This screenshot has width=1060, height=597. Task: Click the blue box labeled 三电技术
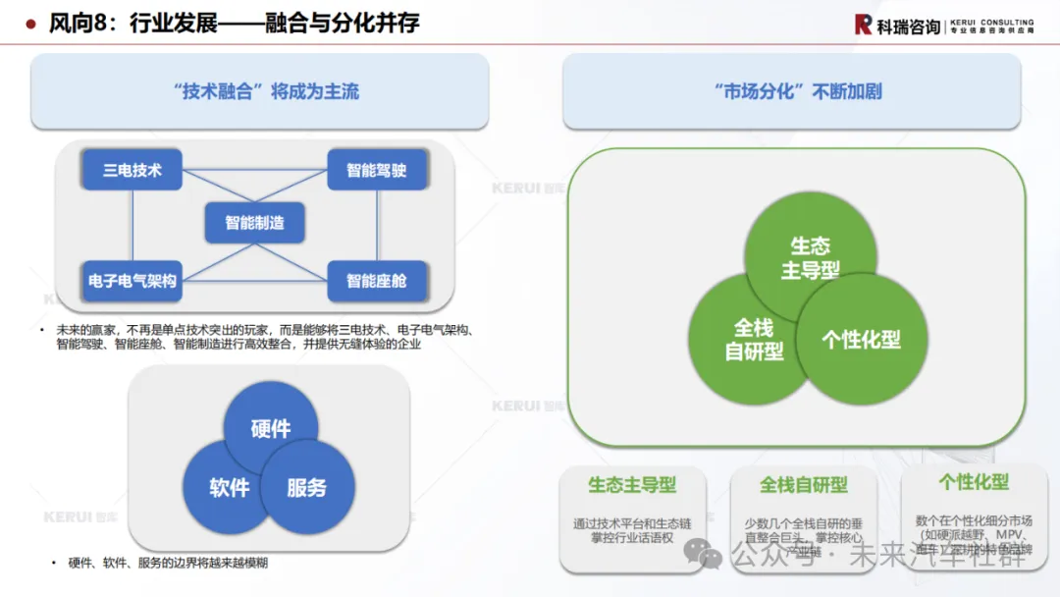pyautogui.click(x=132, y=171)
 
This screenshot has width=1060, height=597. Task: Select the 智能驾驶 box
pyautogui.click(x=376, y=171)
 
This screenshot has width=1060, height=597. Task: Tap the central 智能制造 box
pyautogui.click(x=254, y=223)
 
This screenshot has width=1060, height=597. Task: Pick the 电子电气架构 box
pyautogui.click(x=132, y=281)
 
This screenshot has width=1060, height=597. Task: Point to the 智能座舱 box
pyautogui.click(x=376, y=281)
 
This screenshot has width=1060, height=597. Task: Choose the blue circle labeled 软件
pyautogui.click(x=226, y=488)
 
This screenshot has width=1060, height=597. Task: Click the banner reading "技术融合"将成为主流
pyautogui.click(x=259, y=92)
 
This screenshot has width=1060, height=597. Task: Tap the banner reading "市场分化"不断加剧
pyautogui.click(x=791, y=92)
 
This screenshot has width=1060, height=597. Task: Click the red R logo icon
pyautogui.click(x=864, y=25)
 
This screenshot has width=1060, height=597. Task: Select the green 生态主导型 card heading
pyautogui.click(x=632, y=484)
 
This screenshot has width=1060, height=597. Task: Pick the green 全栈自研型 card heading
pyautogui.click(x=803, y=484)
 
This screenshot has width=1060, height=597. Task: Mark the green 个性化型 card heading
pyautogui.click(x=974, y=482)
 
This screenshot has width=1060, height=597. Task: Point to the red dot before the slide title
pyautogui.click(x=31, y=24)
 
